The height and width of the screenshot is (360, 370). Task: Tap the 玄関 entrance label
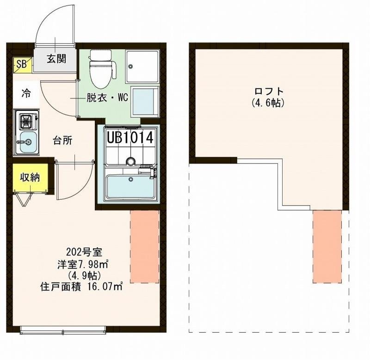pyautogui.click(x=56, y=58)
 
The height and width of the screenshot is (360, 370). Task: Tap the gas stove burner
pyautogui.click(x=26, y=122)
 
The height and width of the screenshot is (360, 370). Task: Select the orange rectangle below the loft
pyautogui.click(x=327, y=246)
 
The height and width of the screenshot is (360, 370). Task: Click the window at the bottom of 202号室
pyautogui.click(x=64, y=329)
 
